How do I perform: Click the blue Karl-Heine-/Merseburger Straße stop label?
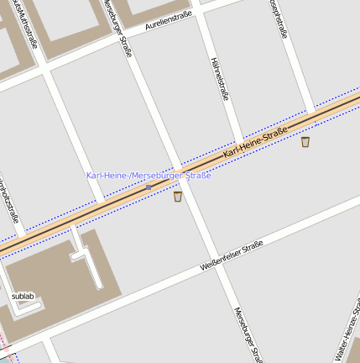149,175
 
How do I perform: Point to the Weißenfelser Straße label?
232,255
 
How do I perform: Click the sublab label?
23,297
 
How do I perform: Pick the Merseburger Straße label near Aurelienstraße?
117,29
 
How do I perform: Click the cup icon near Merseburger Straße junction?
178,197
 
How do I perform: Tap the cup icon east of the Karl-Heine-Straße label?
305,142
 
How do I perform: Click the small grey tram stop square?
149,187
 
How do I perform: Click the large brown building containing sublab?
50,277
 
